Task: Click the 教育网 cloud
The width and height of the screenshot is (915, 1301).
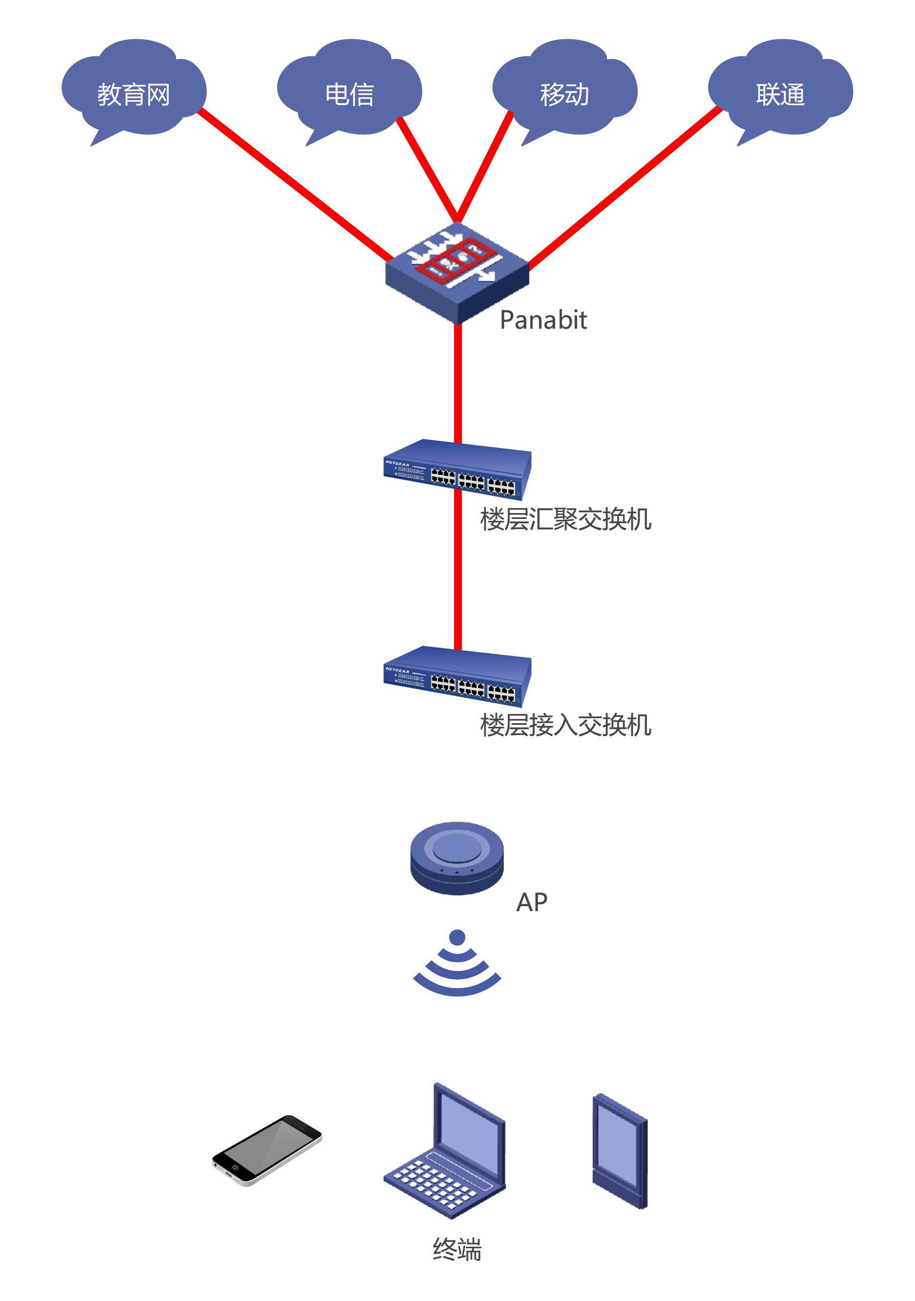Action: pos(134,90)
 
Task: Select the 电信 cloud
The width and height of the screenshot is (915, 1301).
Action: pos(349,90)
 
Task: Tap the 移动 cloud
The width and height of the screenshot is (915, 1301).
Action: pos(564,90)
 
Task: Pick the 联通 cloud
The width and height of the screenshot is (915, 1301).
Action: pos(780,90)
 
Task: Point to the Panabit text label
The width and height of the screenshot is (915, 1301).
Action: pos(543,320)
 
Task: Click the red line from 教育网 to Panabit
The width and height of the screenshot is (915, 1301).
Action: pos(294,185)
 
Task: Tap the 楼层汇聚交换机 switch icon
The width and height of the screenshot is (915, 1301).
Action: pos(457,471)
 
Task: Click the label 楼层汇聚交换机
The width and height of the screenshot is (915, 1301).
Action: pos(565,519)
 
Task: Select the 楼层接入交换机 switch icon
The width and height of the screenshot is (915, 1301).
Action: pos(457,676)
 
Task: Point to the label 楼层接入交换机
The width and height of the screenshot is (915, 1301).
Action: pos(565,725)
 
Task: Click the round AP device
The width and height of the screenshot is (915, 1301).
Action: pos(457,857)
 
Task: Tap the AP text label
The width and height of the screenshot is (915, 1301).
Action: pos(532,902)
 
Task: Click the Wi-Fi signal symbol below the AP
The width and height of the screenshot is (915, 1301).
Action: pos(457,966)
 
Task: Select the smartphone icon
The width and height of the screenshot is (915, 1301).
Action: pos(267,1150)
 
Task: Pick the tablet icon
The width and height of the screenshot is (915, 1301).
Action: pos(619,1150)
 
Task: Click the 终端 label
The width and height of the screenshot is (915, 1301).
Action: pos(457,1250)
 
